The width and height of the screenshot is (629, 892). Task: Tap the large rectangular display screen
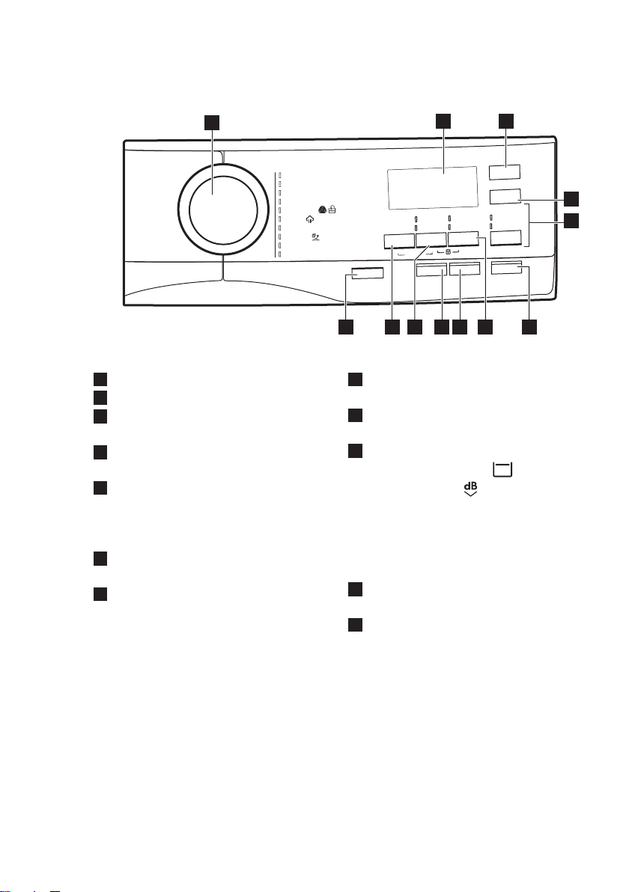[432, 188]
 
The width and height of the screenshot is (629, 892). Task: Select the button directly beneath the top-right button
[505, 196]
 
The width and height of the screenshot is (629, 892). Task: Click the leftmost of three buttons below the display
[398, 241]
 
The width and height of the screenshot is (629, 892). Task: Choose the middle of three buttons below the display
[431, 241]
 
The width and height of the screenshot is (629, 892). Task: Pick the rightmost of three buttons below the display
[464, 240]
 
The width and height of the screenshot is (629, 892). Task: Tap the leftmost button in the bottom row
[367, 273]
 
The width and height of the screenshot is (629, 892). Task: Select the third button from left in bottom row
[464, 270]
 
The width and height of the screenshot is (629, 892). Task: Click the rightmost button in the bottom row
[506, 267]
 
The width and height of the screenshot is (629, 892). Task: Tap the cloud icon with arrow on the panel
[310, 219]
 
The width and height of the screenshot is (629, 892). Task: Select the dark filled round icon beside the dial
[322, 210]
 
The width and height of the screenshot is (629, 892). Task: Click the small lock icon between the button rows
[449, 252]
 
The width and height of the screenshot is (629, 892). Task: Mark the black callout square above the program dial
[213, 122]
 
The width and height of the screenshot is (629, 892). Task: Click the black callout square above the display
[443, 121]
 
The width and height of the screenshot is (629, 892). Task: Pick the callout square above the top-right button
[506, 121]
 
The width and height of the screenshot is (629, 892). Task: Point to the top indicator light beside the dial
[280, 175]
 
